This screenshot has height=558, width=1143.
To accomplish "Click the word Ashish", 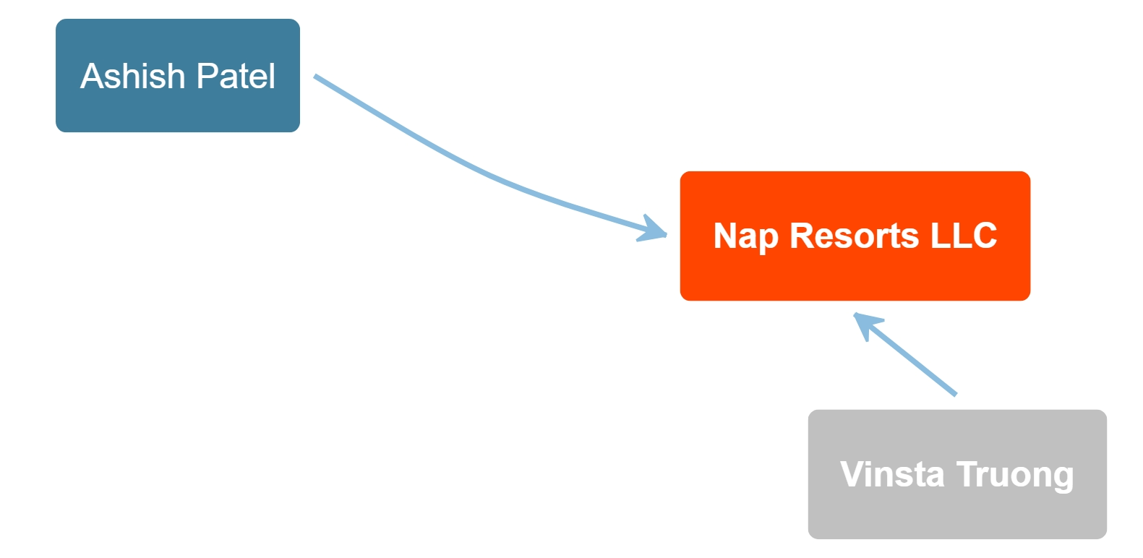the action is (x=132, y=76).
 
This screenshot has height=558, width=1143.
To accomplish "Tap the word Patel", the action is (x=236, y=76).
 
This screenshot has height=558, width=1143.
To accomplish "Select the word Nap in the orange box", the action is (x=745, y=237).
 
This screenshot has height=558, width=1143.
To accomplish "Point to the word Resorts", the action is (x=855, y=236).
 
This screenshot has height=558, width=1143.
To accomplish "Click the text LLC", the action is (x=964, y=236).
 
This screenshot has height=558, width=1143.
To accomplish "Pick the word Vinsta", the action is (x=892, y=474).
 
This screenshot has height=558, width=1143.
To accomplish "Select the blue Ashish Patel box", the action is (x=178, y=75).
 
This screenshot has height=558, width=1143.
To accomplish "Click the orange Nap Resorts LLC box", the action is (x=855, y=236).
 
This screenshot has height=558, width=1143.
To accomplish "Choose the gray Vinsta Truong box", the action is (x=957, y=474).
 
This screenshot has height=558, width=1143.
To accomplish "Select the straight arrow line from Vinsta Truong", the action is (x=905, y=353).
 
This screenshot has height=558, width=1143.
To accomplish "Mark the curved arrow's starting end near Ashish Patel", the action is (x=314, y=77).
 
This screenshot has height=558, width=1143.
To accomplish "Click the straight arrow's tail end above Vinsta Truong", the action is (x=956, y=394).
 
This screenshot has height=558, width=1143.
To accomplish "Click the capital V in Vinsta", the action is (x=852, y=474).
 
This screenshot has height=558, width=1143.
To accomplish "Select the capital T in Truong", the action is (x=967, y=474).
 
